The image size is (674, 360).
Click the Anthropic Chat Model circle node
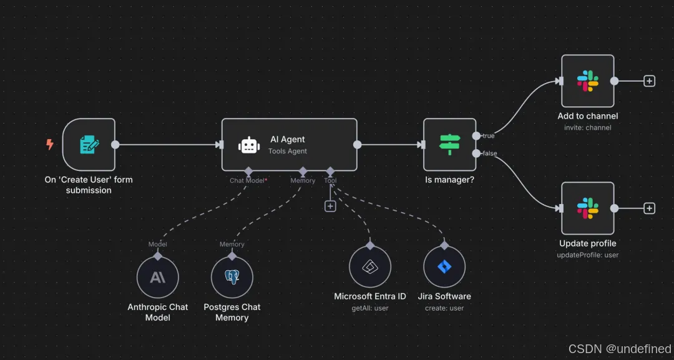pyautogui.click(x=157, y=277)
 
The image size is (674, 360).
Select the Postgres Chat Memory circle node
pyautogui.click(x=232, y=277)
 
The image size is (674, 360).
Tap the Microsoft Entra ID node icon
pyautogui.click(x=370, y=266)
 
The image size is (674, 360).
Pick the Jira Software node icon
pyautogui.click(x=444, y=266)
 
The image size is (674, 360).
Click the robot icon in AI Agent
pyautogui.click(x=248, y=145)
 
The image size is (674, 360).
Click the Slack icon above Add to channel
pyautogui.click(x=587, y=81)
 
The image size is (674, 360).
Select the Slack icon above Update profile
pyautogui.click(x=587, y=208)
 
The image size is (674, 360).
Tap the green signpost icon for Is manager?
pyautogui.click(x=449, y=145)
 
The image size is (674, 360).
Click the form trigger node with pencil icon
pyautogui.click(x=89, y=145)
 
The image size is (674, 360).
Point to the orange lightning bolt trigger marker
pyautogui.click(x=50, y=145)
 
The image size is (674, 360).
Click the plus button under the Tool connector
pyautogui.click(x=330, y=207)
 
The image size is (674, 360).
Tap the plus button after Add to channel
pyautogui.click(x=649, y=81)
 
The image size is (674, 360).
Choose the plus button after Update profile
pyautogui.click(x=649, y=208)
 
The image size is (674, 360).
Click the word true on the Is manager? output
pyautogui.click(x=488, y=136)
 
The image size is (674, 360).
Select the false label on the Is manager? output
pyautogui.click(x=489, y=153)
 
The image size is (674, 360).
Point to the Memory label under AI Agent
pyautogui.click(x=303, y=181)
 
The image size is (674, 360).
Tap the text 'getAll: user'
pyautogui.click(x=370, y=308)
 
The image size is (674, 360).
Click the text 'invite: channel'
pyautogui.click(x=587, y=128)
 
